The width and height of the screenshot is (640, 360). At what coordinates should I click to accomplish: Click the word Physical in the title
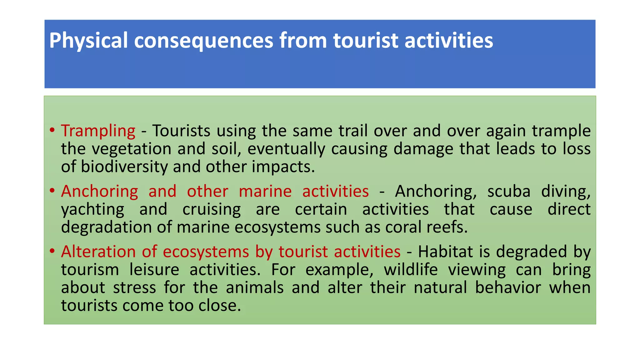(88, 41)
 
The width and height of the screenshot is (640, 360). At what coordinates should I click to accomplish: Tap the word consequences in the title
(203, 41)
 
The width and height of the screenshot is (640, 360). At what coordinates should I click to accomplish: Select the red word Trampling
(98, 131)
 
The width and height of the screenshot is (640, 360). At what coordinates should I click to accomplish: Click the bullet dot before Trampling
(52, 130)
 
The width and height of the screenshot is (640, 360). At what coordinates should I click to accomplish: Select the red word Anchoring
(99, 191)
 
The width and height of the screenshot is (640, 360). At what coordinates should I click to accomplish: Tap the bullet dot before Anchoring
(52, 191)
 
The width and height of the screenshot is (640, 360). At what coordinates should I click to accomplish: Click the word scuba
(509, 191)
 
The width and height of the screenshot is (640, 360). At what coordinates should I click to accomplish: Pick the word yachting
(92, 209)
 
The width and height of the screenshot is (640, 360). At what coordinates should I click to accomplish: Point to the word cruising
(212, 209)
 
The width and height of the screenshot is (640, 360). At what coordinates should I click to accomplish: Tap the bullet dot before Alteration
(52, 251)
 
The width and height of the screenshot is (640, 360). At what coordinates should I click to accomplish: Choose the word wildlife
(411, 269)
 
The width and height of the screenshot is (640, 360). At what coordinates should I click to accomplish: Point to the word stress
(134, 287)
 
